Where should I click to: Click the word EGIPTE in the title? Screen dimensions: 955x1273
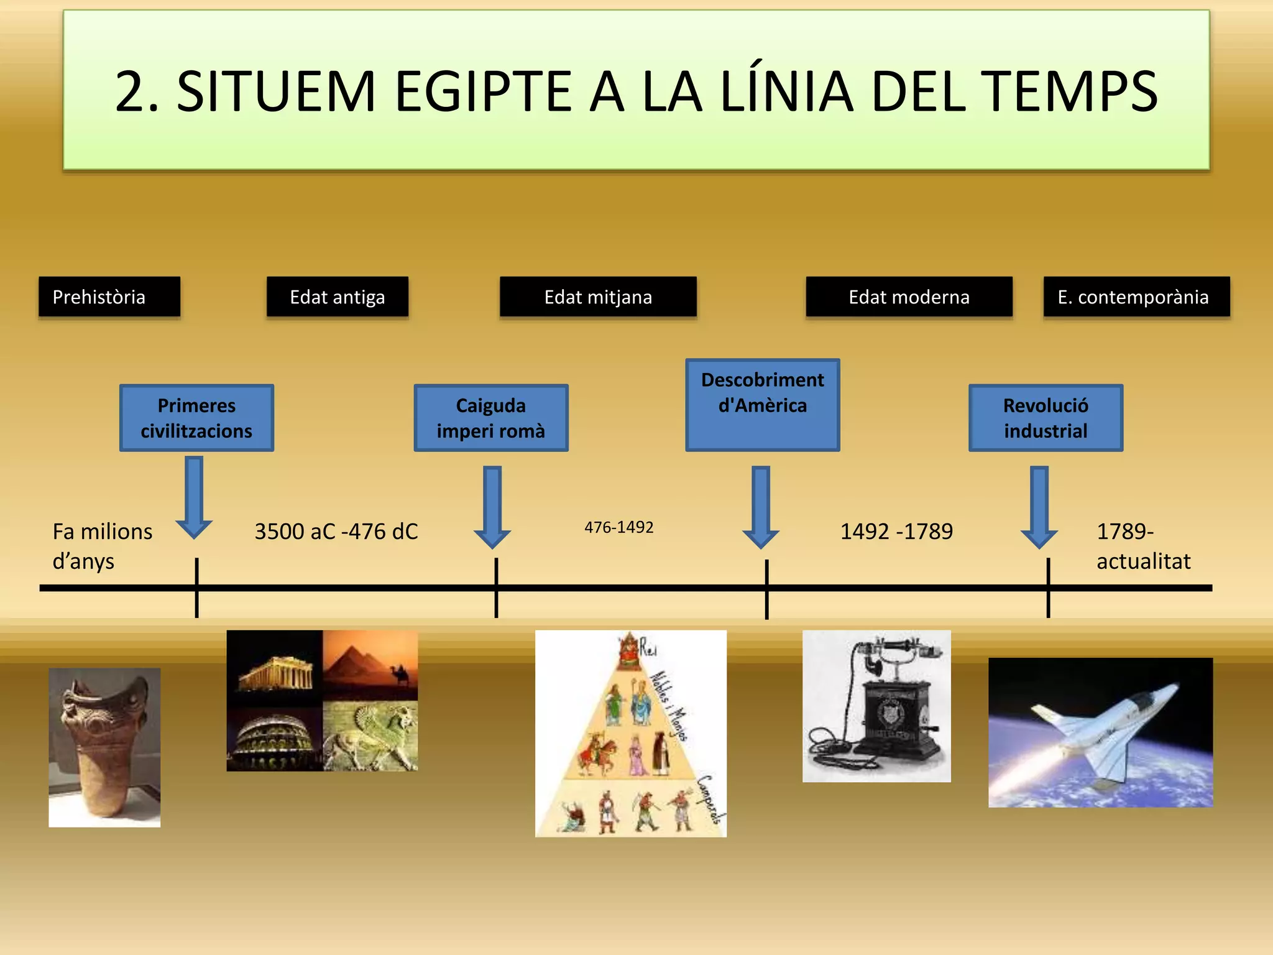pos(482,92)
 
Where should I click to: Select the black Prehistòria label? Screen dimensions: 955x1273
pos(109,297)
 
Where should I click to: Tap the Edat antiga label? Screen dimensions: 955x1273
pos(338,297)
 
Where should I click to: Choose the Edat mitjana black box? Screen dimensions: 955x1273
pos(598,297)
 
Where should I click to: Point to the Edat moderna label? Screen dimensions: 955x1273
pos(909,297)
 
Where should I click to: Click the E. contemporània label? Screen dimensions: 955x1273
pos(1136,297)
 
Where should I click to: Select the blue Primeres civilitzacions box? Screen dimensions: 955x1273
pos(196,418)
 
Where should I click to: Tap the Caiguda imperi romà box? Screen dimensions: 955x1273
pos(491,418)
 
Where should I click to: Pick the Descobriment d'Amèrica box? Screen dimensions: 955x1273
pos(763,405)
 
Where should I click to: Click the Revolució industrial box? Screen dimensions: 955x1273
pos(1046,418)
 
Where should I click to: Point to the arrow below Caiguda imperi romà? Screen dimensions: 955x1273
pos(492,507)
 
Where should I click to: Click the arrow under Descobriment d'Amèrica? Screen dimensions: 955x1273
pos(761,507)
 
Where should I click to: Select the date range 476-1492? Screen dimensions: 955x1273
pos(619,527)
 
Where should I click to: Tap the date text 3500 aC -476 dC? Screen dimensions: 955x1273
pos(336,532)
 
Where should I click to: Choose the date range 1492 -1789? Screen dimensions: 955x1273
pos(896,532)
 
